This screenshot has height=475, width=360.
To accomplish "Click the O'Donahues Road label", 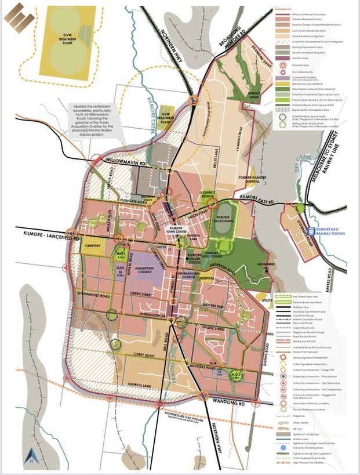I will tap(92, 295).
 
